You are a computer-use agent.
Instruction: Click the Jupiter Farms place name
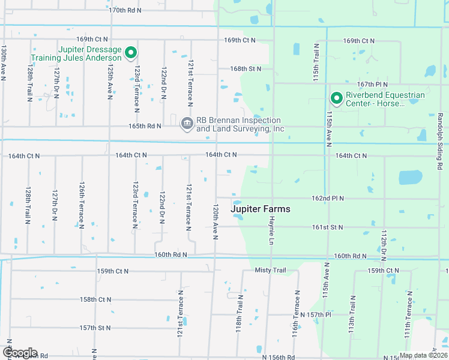tap(261, 209)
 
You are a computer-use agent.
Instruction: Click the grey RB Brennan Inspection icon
tap(187, 124)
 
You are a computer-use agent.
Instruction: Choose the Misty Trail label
tap(270, 270)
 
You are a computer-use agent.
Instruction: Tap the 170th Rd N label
tap(125, 10)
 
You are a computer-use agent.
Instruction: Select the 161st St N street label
tap(327, 227)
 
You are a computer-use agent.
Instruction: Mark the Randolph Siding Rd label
tap(440, 136)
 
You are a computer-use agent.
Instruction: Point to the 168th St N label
tap(246, 68)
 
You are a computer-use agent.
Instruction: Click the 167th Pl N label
tap(372, 85)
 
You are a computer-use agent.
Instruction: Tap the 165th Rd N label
tap(145, 126)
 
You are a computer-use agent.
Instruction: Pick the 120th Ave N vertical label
tap(215, 220)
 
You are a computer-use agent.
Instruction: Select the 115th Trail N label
tap(316, 62)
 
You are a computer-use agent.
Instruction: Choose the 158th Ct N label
tap(96, 299)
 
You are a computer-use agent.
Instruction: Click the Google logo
tap(19, 353)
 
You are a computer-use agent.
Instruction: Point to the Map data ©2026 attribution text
tap(423, 355)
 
